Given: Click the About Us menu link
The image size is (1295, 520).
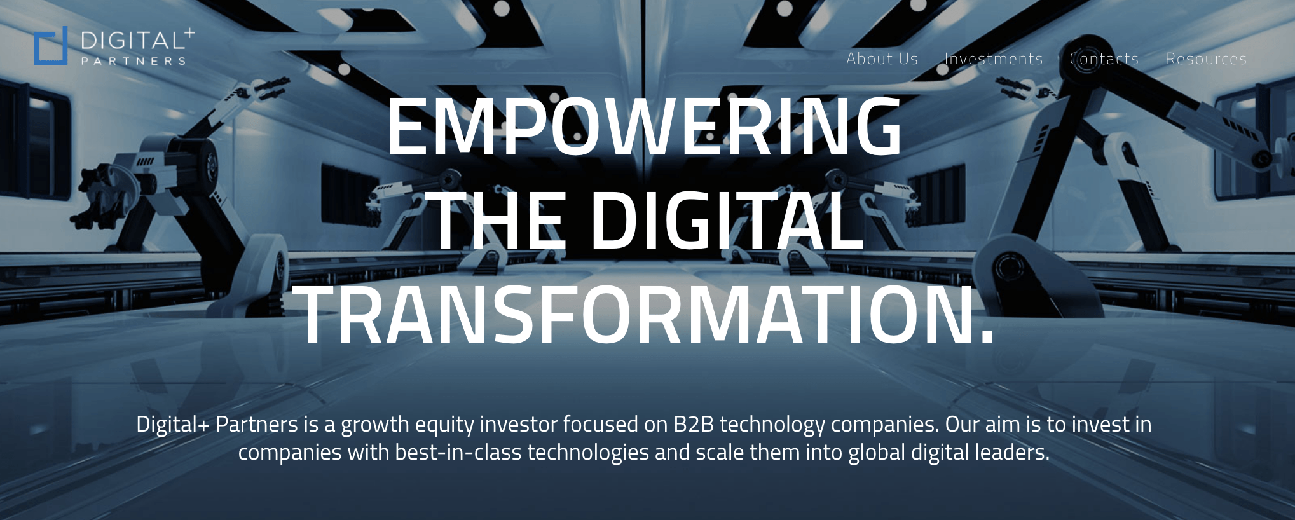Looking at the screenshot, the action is click(x=882, y=59).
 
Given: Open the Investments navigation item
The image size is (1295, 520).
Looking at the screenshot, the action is click(x=994, y=59).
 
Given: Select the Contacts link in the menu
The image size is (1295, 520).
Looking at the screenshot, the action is click(x=1104, y=59).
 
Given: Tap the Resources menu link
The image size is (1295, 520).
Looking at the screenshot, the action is click(x=1206, y=59).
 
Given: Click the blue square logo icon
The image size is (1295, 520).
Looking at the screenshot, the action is click(x=51, y=46).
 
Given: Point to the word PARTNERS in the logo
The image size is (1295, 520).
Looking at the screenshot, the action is click(x=134, y=61).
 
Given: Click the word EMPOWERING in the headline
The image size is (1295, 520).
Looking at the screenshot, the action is click(x=644, y=126).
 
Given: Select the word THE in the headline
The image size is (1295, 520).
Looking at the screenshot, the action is click(x=498, y=221).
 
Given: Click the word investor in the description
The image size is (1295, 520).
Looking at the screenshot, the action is click(x=518, y=424).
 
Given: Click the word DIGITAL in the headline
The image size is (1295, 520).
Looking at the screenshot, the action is click(x=727, y=221).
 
